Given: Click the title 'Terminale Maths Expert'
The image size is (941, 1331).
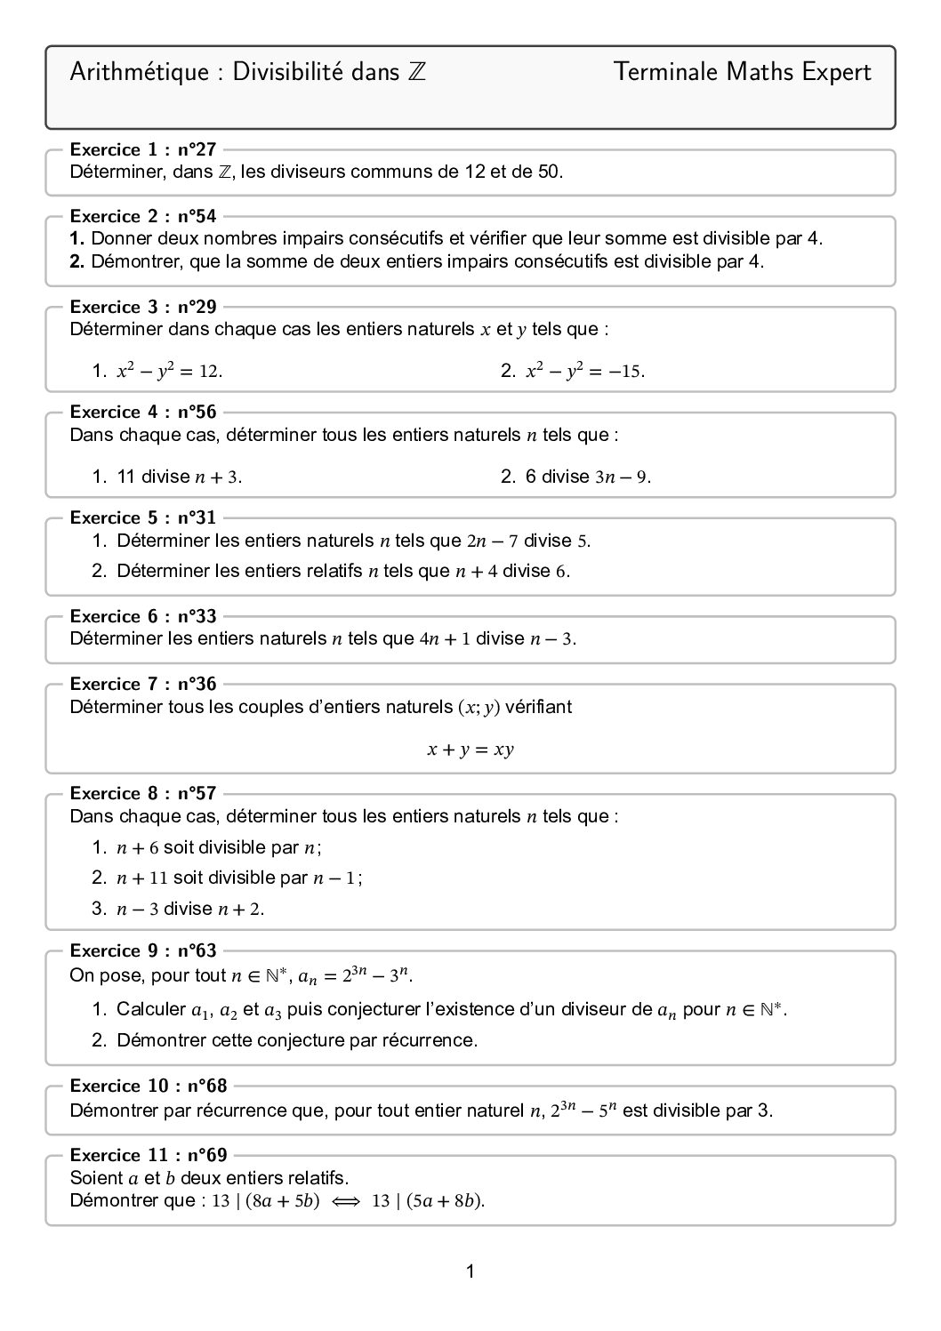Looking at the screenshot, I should [x=742, y=73].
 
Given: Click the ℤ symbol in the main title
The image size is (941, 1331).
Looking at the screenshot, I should [x=417, y=73].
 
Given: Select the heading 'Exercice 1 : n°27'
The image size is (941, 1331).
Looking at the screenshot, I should [x=142, y=149].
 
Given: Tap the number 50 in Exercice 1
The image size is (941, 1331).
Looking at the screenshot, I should [x=549, y=172].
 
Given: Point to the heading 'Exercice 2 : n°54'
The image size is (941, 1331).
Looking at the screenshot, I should [x=142, y=216].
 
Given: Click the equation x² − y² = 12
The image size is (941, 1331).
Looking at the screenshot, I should [x=169, y=372].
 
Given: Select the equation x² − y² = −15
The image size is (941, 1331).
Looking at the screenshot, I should [x=584, y=372].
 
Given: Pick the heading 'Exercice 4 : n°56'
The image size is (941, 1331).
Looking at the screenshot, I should [x=142, y=412].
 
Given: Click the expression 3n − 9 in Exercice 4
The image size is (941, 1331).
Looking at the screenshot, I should [x=622, y=477].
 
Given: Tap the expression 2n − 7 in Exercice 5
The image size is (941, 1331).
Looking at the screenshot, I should [x=492, y=541].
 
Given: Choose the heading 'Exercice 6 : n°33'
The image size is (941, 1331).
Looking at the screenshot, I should [x=142, y=616].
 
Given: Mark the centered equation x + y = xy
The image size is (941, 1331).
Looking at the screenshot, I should [x=471, y=750].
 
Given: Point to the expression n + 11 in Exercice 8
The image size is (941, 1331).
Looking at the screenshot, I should [x=141, y=878].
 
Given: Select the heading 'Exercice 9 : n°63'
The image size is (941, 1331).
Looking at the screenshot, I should [x=142, y=950].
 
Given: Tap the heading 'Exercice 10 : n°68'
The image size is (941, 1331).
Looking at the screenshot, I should [x=148, y=1086].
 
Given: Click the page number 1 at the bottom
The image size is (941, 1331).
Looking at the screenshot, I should [x=470, y=1271].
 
